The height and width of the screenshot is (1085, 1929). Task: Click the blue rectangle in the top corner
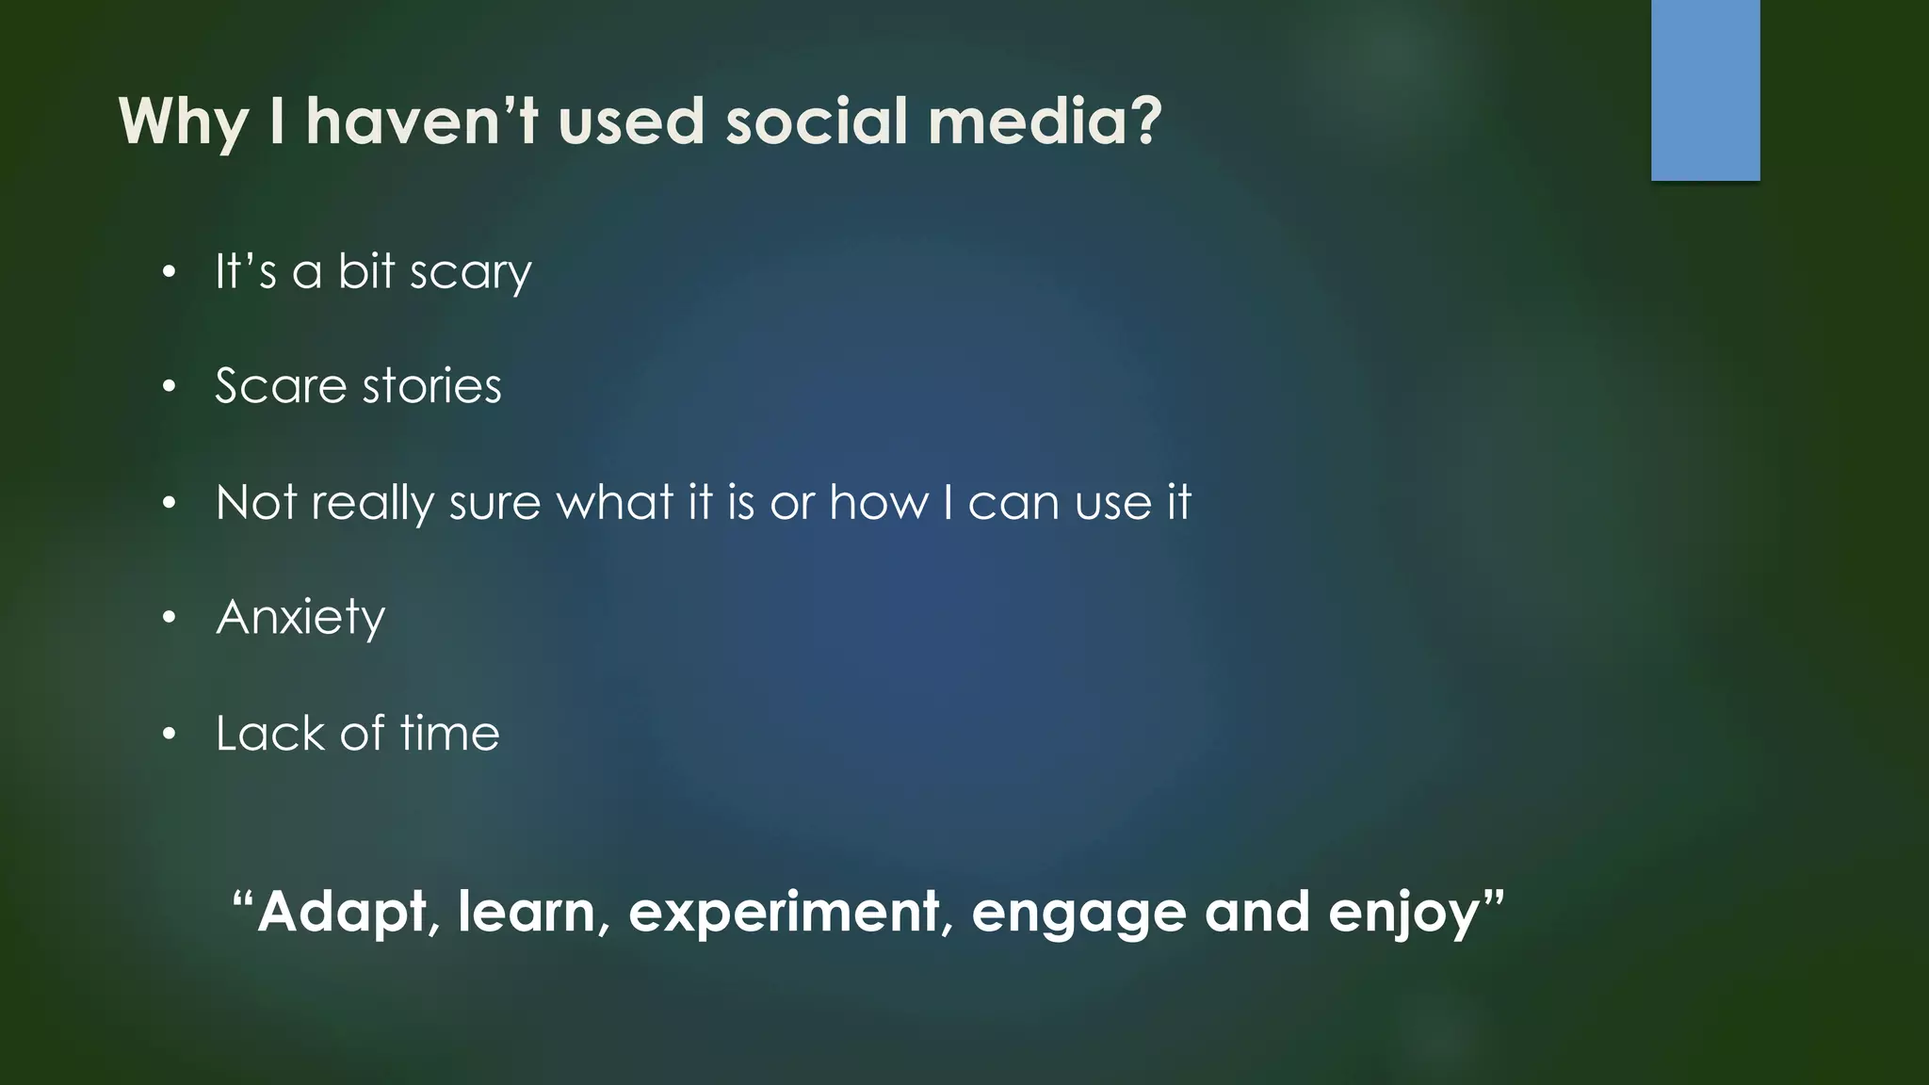click(x=1705, y=89)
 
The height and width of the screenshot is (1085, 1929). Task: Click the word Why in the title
click(x=183, y=123)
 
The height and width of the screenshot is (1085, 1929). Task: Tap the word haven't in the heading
click(x=421, y=121)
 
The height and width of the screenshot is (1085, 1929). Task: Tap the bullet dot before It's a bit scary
click(x=169, y=273)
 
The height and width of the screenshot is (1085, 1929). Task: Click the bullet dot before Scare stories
click(x=169, y=387)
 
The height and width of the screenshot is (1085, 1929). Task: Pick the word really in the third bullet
click(x=372, y=503)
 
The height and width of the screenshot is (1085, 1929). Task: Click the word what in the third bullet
click(x=614, y=502)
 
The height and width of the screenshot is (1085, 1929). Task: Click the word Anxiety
click(x=300, y=619)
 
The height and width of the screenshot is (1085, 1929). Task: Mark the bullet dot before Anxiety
click(x=169, y=619)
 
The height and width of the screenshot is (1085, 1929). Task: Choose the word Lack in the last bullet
click(x=269, y=734)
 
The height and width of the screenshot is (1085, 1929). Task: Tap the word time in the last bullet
click(x=449, y=734)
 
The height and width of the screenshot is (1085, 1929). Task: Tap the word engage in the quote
click(x=1078, y=913)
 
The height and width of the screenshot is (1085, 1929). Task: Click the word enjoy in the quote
click(x=1403, y=913)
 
